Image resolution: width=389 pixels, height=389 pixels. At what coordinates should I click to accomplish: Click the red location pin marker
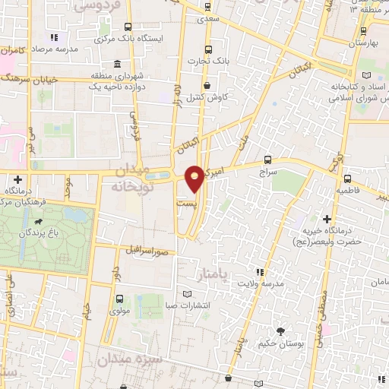pos(195,178)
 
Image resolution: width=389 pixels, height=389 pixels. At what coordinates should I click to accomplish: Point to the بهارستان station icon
pos(365,31)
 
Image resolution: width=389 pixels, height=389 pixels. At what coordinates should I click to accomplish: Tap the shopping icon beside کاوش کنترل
pos(208,85)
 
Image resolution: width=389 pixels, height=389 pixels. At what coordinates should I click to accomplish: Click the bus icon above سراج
pos(267,160)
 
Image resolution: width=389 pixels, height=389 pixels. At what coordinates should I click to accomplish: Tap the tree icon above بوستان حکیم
pos(281,331)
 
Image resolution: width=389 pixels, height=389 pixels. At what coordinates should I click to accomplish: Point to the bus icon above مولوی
pos(119,299)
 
